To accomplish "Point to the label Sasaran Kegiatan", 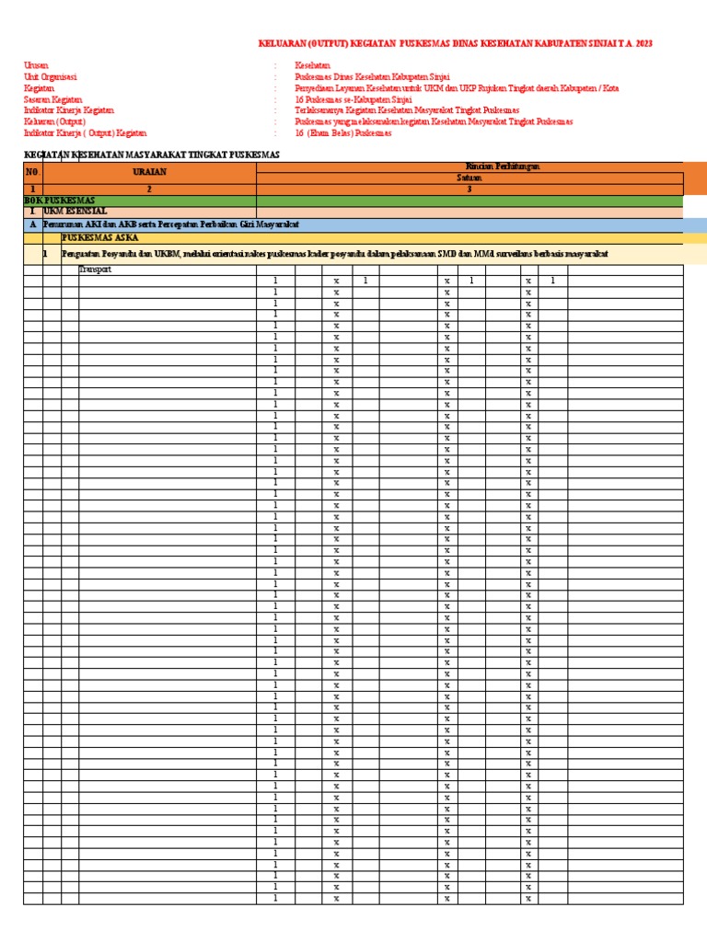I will click(52, 99).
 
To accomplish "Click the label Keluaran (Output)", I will click(54, 121).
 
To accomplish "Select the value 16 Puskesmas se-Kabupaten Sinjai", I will click(353, 99).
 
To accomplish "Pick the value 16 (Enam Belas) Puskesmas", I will click(342, 132).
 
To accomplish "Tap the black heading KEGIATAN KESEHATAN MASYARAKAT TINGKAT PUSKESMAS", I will click(151, 155).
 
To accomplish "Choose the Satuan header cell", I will click(469, 178).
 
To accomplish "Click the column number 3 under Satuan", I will click(469, 189).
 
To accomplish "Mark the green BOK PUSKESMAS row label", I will click(59, 201).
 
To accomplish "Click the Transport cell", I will click(95, 270).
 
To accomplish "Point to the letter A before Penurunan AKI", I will click(32, 224).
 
